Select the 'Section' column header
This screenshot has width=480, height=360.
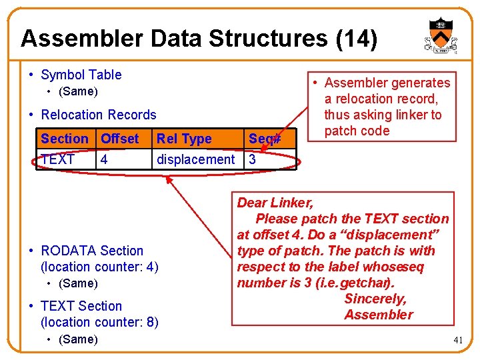point(64,139)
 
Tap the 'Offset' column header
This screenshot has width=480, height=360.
point(119,139)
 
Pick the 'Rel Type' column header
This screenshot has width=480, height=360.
point(183,139)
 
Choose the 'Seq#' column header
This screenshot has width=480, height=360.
point(264,139)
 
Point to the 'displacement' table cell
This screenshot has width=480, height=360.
point(195,159)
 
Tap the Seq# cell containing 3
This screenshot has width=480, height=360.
point(253,159)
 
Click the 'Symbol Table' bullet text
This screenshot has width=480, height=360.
point(81,75)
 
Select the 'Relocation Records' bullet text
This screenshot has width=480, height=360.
point(99,115)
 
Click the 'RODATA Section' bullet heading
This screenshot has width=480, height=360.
point(92,251)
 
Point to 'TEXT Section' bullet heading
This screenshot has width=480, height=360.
point(81,306)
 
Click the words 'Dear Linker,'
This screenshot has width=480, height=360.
point(275,203)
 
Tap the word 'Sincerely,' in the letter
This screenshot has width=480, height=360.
point(375,299)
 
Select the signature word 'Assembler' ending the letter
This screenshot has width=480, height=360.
point(379,315)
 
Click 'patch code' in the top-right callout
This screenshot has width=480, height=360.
point(357,131)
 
